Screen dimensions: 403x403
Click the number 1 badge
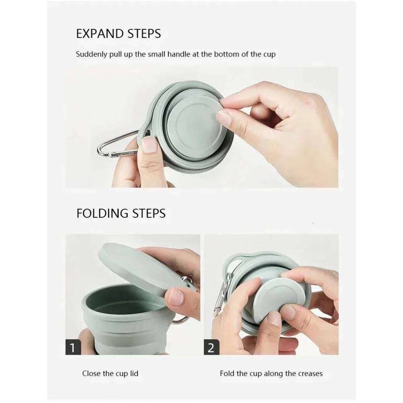coord(73,347)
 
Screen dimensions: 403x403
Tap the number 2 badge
coord(211,347)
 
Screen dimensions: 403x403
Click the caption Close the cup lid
coord(110,374)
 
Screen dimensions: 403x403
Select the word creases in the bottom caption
coord(310,374)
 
